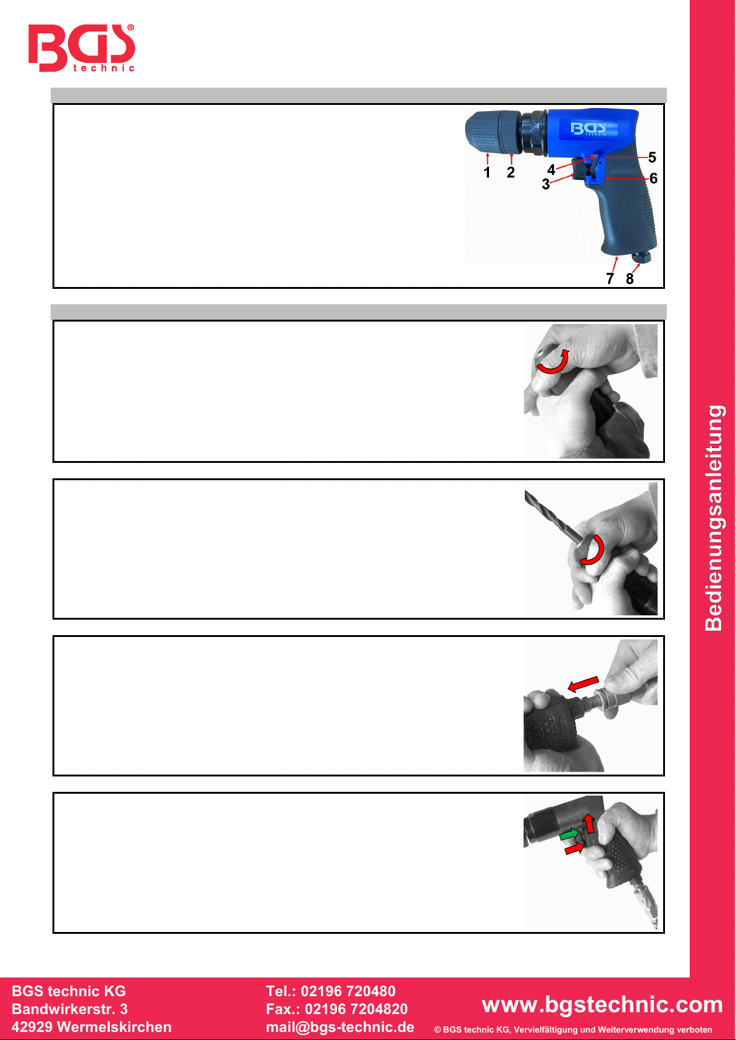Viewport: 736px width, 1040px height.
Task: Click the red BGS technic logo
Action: (82, 48)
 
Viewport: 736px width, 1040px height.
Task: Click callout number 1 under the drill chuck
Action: (487, 173)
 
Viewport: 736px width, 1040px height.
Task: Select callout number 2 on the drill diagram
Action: (511, 173)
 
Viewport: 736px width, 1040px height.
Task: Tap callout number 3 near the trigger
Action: (546, 185)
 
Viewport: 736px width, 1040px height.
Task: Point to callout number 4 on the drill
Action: (551, 170)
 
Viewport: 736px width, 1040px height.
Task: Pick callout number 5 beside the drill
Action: (652, 157)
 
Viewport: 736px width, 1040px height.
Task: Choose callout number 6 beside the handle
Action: (653, 178)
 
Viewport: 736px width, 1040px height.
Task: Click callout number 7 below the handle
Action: (610, 278)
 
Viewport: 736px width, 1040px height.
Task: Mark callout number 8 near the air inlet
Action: (630, 278)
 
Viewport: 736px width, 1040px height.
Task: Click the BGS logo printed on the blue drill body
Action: (588, 128)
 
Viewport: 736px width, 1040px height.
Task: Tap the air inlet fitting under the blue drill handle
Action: (642, 257)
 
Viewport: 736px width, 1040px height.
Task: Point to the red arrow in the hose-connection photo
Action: (583, 683)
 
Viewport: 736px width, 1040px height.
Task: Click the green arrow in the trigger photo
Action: (570, 835)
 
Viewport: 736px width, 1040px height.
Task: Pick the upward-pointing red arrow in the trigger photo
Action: (589, 823)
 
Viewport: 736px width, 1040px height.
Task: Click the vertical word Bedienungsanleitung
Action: (714, 518)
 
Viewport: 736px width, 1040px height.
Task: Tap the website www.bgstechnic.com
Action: (602, 1005)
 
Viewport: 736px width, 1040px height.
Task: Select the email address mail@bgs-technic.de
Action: (340, 1027)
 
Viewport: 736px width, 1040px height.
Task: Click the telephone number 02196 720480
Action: (348, 991)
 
